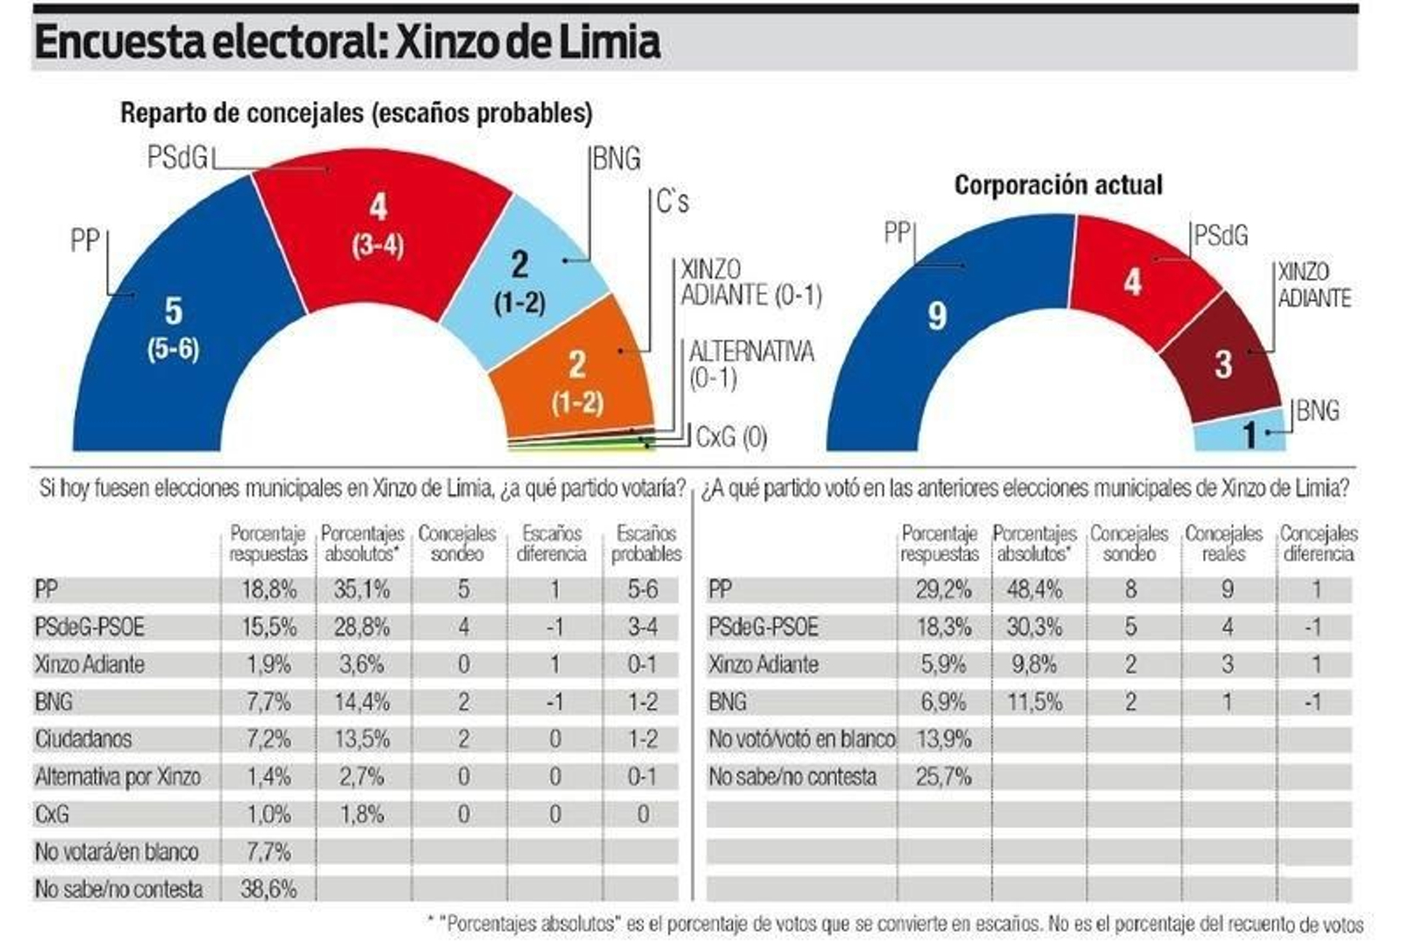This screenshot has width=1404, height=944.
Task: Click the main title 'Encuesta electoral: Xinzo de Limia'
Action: pyautogui.click(x=347, y=42)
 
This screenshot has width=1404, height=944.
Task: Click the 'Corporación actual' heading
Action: pyautogui.click(x=1058, y=185)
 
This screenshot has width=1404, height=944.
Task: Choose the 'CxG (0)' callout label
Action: pyautogui.click(x=731, y=436)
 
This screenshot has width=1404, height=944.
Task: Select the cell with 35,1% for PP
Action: pyautogui.click(x=362, y=590)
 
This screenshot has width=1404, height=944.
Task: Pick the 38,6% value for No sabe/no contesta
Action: pyautogui.click(x=269, y=889)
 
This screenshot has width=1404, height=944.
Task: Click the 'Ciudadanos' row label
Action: pyautogui.click(x=83, y=739)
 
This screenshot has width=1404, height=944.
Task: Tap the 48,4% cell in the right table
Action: pyautogui.click(x=1035, y=590)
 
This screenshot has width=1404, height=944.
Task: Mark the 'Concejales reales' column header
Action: pyautogui.click(x=1223, y=543)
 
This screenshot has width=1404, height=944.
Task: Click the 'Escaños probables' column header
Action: pyautogui.click(x=646, y=543)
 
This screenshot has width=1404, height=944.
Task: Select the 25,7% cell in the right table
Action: pyautogui.click(x=942, y=776)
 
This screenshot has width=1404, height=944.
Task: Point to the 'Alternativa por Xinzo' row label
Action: pyautogui.click(x=118, y=776)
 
